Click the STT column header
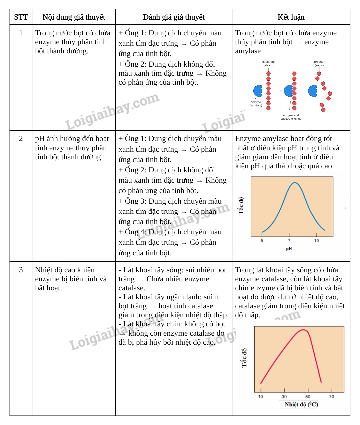21,17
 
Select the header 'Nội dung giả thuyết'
74,17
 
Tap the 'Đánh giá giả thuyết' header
174,17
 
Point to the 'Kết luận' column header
291,17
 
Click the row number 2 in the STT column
21,139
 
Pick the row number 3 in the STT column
21,270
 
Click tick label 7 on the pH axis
289,241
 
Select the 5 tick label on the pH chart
262,241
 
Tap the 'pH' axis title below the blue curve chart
289,249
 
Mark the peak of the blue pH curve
295,183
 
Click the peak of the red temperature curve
304,330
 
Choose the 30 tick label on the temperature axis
284,397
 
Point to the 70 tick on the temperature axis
331,397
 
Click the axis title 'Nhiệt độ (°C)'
301,404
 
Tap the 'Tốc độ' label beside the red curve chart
244,358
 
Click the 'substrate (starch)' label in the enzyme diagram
268,63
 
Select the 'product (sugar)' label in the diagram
319,63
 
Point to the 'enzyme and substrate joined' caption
291,117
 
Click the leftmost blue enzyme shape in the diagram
258,91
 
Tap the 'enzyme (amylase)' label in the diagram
256,104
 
